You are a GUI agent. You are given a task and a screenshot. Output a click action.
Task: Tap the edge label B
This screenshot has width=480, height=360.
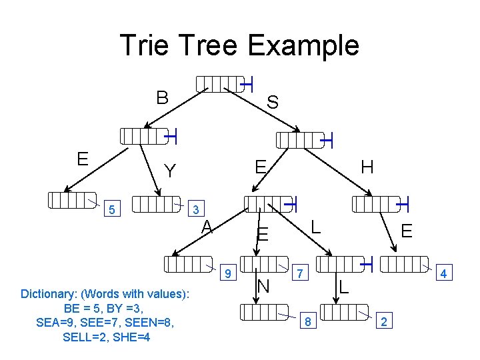pyautogui.click(x=162, y=97)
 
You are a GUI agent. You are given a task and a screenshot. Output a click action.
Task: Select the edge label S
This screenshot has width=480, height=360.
pyautogui.click(x=273, y=102)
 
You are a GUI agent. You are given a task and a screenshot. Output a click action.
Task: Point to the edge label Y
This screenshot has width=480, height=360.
pyautogui.click(x=171, y=172)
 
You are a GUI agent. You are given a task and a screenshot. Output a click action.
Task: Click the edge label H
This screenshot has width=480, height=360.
pyautogui.click(x=367, y=167)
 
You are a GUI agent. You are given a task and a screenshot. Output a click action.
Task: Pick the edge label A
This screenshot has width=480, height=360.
pyautogui.click(x=208, y=227)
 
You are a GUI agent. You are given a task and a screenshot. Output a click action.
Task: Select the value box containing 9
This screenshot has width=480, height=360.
pyautogui.click(x=228, y=273)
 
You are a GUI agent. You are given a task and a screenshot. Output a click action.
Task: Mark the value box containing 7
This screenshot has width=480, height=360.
pyautogui.click(x=301, y=273)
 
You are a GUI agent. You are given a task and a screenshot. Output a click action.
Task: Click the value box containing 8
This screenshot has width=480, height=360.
pyautogui.click(x=307, y=323)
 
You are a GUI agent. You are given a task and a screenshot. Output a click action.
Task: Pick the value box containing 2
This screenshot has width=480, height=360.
pyautogui.click(x=383, y=323)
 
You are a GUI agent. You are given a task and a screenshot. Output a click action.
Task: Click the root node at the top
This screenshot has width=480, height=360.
pyautogui.click(x=220, y=83)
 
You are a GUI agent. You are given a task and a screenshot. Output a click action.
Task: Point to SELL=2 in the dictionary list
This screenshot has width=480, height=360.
pyautogui.click(x=86, y=337)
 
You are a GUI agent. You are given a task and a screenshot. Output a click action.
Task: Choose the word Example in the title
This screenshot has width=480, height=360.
pyautogui.click(x=304, y=45)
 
